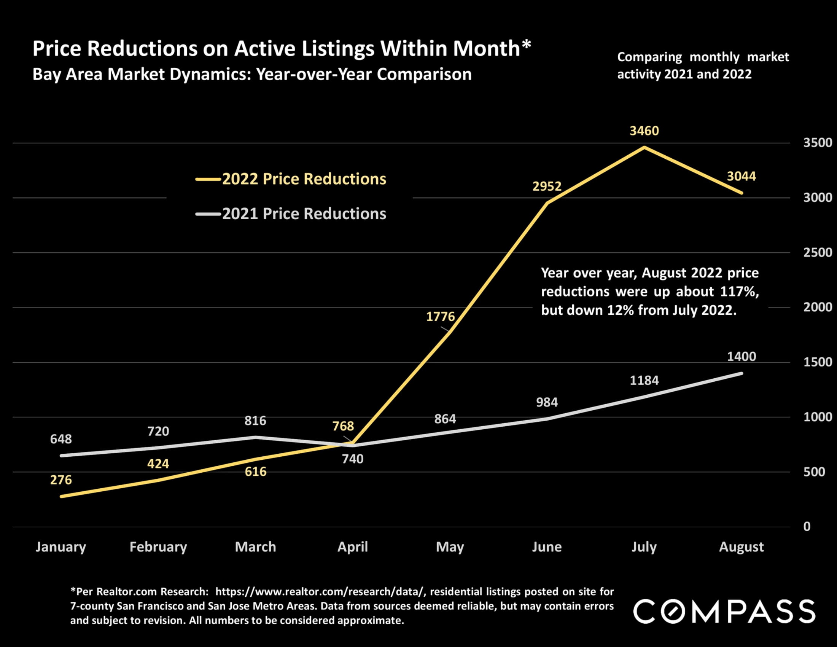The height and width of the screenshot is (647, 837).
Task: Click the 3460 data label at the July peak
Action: click(x=644, y=131)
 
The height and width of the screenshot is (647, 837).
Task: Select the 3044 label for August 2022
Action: click(x=741, y=176)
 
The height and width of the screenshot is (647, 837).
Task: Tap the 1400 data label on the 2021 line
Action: click(x=741, y=357)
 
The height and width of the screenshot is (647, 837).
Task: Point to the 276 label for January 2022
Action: click(x=61, y=480)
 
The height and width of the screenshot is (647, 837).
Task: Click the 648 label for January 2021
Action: click(x=61, y=439)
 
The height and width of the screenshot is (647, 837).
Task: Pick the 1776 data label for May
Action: click(x=440, y=317)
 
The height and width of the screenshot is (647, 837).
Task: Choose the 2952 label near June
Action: click(x=547, y=186)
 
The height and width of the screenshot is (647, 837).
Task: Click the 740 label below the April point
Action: click(x=353, y=459)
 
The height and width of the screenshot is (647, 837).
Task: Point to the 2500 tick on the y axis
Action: click(x=818, y=253)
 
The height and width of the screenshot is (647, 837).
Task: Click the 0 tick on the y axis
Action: click(x=807, y=527)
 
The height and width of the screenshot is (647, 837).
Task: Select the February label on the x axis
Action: click(x=158, y=547)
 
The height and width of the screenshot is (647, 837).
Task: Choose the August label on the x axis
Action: click(x=741, y=547)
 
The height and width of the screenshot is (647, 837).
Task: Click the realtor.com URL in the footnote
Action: click(x=320, y=592)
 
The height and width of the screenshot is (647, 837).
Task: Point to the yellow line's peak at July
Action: click(x=644, y=147)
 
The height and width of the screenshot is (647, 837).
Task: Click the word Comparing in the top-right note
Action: click(x=649, y=57)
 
